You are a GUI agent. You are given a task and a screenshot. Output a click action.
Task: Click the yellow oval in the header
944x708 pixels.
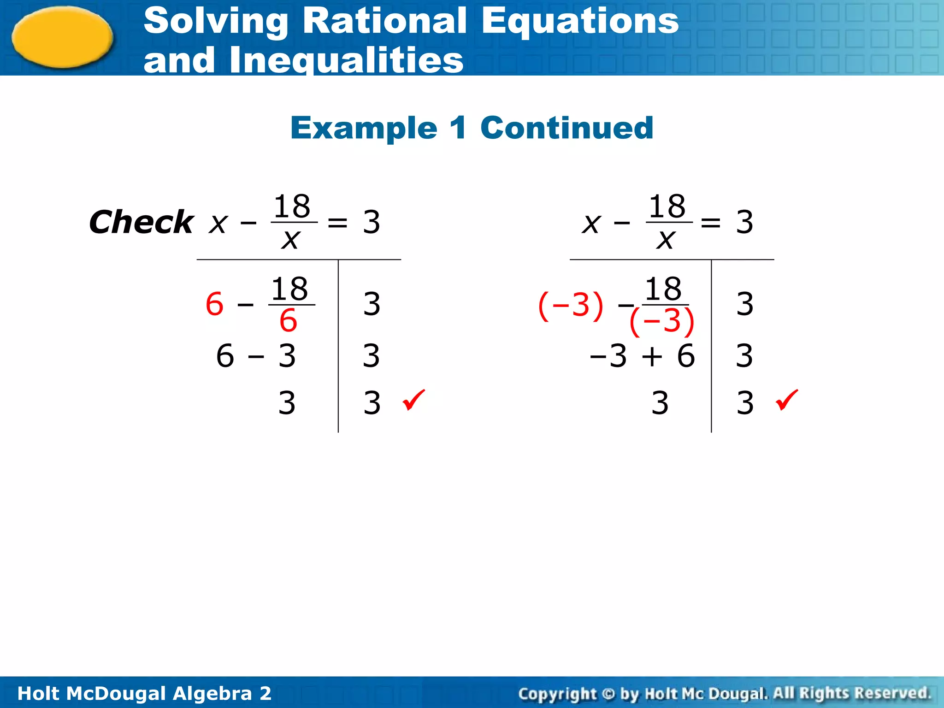[62, 37]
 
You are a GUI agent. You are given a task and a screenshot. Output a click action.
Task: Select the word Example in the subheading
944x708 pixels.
[364, 128]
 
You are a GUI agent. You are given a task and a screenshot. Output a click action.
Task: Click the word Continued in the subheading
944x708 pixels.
[566, 128]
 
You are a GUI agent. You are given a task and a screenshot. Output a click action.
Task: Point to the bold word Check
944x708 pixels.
[141, 222]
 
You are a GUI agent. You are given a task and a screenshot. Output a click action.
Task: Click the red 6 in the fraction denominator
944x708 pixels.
[289, 320]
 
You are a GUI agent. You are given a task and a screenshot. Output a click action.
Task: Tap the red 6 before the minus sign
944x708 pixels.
[215, 304]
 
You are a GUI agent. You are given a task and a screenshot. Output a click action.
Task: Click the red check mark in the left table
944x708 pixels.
[413, 400]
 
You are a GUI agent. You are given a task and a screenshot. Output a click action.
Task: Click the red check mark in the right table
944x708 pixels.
[787, 400]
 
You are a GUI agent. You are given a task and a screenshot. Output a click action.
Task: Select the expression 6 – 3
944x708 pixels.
[256, 356]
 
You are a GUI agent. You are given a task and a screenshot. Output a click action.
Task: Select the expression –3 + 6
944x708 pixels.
[642, 356]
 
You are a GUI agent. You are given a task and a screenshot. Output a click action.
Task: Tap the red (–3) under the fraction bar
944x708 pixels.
[661, 321]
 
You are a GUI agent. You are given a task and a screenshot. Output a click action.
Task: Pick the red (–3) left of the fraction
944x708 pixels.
[571, 305]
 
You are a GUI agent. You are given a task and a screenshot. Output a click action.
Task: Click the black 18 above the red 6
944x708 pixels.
[289, 289]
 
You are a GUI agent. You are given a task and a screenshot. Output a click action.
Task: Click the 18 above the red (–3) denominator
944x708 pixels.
[663, 289]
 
